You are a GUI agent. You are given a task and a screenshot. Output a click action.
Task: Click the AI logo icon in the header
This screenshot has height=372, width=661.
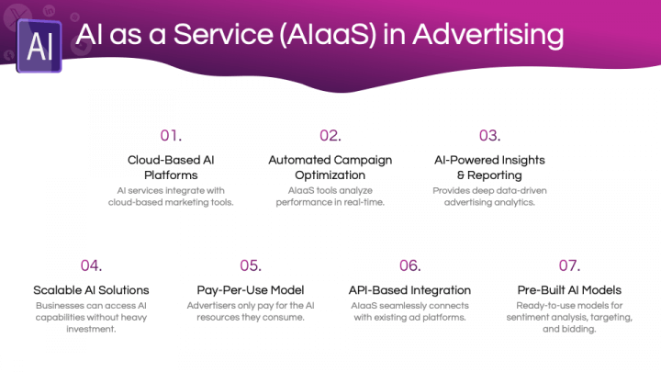39,47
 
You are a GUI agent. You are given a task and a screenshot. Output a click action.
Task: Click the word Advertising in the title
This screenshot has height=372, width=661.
488,35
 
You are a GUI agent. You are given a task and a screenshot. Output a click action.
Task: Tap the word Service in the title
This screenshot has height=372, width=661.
223,34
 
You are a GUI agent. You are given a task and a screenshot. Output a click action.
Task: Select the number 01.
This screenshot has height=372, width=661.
171,135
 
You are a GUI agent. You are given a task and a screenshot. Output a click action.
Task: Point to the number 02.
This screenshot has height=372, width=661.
330,135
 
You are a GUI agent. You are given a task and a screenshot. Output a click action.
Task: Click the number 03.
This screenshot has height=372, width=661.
489,135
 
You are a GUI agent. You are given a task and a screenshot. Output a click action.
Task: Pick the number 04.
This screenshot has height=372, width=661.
91,265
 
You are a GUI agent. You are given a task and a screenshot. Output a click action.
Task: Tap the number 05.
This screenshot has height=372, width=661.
251,265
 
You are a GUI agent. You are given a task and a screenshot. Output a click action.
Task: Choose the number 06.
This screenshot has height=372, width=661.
409,265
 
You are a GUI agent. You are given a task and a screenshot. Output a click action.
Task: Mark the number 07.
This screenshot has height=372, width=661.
569,265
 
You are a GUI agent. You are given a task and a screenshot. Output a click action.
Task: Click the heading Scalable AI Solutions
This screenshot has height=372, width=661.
91,290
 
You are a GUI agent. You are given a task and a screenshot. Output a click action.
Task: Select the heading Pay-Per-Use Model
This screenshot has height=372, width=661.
251,290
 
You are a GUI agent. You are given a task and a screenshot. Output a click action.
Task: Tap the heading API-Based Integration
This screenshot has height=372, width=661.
409,290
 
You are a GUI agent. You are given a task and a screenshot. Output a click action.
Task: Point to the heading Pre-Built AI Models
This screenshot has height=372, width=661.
569,290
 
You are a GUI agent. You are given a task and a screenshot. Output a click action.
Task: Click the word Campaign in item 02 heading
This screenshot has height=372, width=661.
361,161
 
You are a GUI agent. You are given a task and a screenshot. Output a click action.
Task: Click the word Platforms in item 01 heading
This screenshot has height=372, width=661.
171,175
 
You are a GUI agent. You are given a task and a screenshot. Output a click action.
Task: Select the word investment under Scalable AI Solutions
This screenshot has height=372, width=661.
91,329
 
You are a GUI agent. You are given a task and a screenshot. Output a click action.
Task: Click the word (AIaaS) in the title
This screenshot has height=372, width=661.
328,35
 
